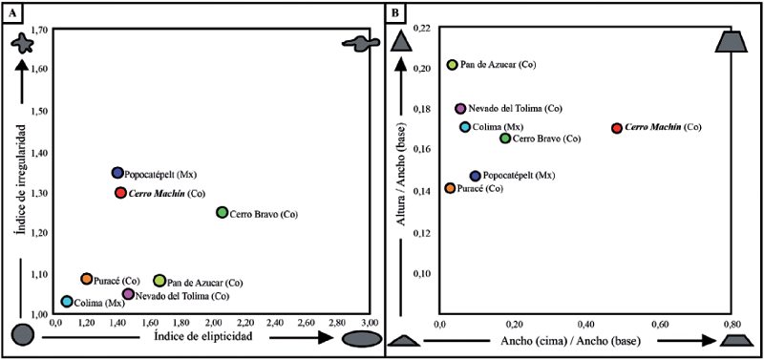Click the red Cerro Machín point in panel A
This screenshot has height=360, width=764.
[120, 193]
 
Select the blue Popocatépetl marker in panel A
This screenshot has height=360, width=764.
[117, 173]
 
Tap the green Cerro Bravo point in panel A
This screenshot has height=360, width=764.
[223, 212]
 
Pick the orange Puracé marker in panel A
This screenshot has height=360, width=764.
[87, 279]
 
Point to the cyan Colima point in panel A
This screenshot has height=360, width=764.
[67, 302]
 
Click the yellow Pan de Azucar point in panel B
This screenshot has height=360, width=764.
[453, 65]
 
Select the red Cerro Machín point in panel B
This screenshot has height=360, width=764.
[617, 128]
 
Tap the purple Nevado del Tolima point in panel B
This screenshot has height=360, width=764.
[460, 109]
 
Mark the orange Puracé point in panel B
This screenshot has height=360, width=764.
[450, 188]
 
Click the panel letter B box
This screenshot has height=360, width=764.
[396, 11]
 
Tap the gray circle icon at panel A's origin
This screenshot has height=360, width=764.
[24, 336]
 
